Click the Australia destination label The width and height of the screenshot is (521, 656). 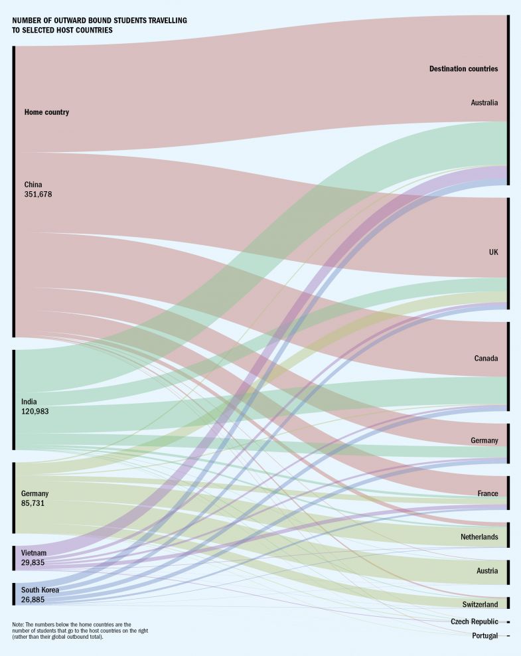point(484,102)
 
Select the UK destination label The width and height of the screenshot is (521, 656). point(493,252)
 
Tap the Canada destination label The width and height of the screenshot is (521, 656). point(486,359)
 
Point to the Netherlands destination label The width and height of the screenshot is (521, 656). point(479,536)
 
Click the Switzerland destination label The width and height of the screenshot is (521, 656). point(480,604)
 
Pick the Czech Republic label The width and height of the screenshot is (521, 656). point(474,621)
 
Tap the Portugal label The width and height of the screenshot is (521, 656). point(484,636)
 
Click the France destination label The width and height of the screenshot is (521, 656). point(488,493)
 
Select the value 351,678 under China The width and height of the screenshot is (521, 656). point(38,195)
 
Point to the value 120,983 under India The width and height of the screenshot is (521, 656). point(35,412)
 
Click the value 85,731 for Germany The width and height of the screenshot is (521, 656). point(33,503)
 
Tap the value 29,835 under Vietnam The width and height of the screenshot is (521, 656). point(33,562)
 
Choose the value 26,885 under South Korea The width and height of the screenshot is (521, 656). point(33,599)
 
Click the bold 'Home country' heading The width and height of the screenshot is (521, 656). point(46,112)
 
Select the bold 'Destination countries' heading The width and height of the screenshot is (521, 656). point(463,68)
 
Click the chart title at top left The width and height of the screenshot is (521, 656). point(100,25)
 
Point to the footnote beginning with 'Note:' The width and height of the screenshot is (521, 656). point(80,631)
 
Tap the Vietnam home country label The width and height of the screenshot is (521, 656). point(34,553)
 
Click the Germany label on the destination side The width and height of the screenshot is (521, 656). point(484,441)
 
